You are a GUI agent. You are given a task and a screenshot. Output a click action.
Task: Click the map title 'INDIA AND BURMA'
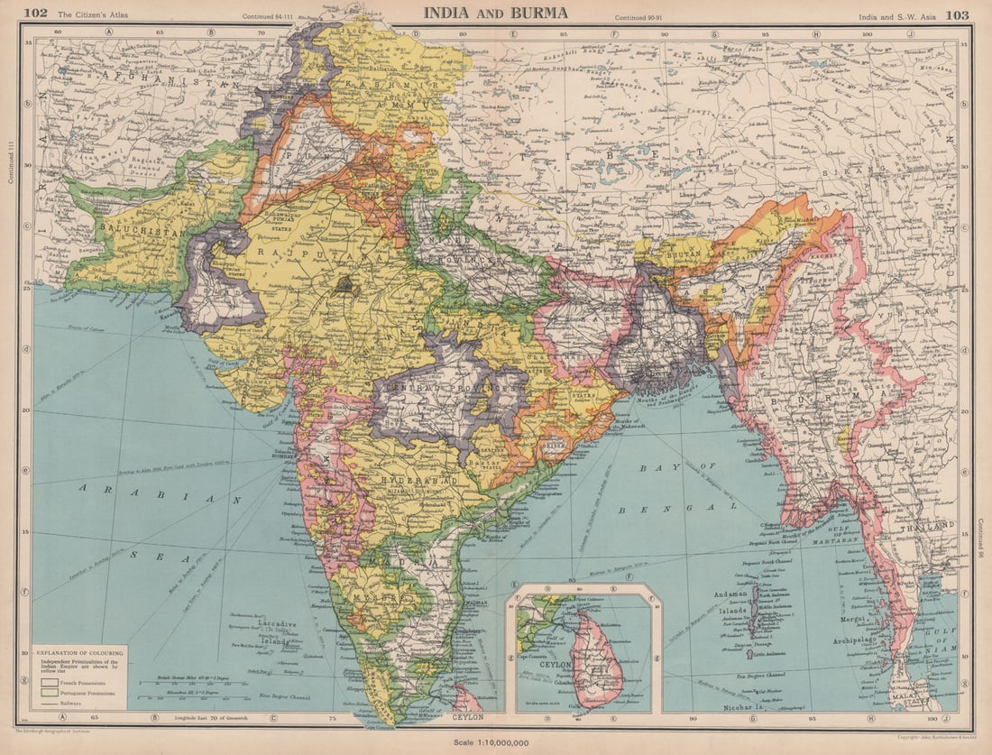click(496, 13)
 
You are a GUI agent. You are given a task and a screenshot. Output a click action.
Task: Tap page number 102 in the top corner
click(35, 13)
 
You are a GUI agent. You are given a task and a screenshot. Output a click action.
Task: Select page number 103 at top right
click(957, 14)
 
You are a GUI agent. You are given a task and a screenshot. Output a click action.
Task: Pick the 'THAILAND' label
click(928, 525)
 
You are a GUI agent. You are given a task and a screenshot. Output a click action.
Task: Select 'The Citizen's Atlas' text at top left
click(91, 14)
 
